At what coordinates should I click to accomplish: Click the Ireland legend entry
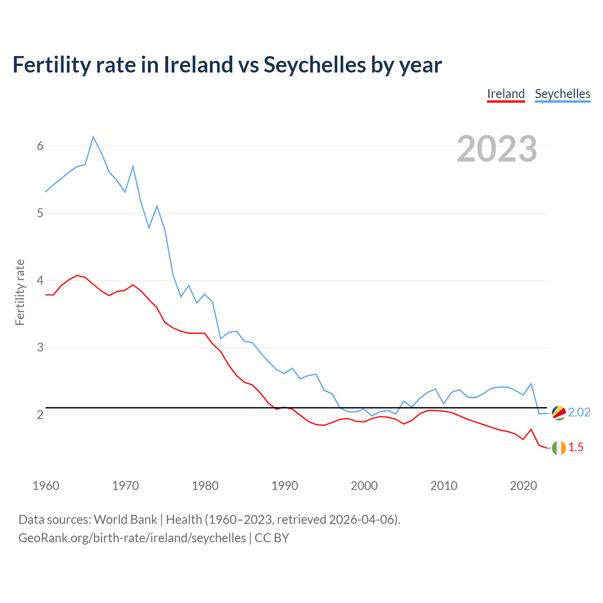click(505, 94)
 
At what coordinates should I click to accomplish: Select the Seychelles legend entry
click(562, 94)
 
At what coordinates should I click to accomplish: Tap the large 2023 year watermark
click(497, 149)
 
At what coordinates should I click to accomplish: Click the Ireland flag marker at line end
click(559, 448)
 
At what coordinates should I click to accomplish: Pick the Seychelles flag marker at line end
click(559, 413)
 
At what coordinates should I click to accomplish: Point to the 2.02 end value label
click(579, 412)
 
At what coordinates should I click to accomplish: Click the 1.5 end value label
click(576, 447)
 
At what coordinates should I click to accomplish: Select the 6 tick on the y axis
click(40, 146)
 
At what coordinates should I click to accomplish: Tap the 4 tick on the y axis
click(40, 280)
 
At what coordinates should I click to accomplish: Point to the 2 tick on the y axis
click(40, 415)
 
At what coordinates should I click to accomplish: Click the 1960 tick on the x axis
click(46, 486)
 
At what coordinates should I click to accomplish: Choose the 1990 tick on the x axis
click(285, 486)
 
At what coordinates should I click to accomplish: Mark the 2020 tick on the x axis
click(523, 486)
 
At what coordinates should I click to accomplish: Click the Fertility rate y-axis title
click(20, 292)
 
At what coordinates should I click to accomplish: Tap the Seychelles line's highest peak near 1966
click(93, 137)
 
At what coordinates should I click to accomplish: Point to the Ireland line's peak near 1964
click(77, 276)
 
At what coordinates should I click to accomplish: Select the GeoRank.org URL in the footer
click(132, 538)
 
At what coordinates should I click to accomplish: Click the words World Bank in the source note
click(125, 519)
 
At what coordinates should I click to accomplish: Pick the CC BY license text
click(272, 538)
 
